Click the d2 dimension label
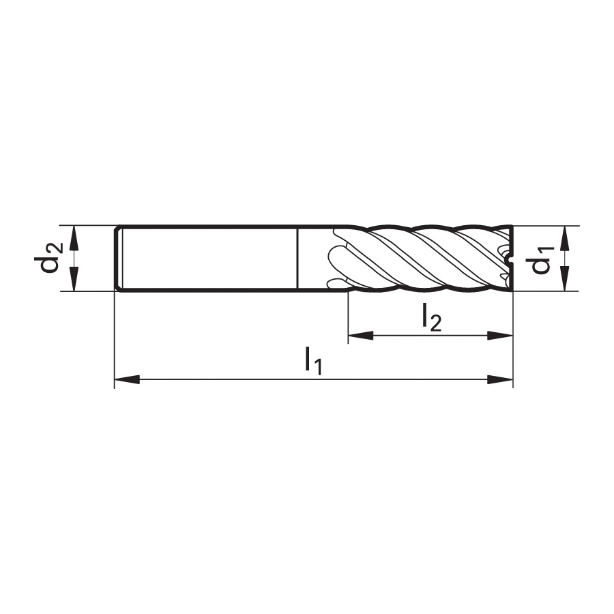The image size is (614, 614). click(x=50, y=259)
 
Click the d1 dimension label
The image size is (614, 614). click(x=542, y=261)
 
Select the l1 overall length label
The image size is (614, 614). click(x=314, y=361)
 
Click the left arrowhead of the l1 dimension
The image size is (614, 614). click(x=127, y=379)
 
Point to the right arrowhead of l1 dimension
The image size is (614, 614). click(x=500, y=379)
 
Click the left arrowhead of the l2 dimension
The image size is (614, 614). click(x=361, y=335)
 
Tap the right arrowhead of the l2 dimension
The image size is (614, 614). click(x=500, y=335)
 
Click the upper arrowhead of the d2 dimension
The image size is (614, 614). click(x=74, y=238)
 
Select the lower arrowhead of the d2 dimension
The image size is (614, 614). click(x=74, y=279)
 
